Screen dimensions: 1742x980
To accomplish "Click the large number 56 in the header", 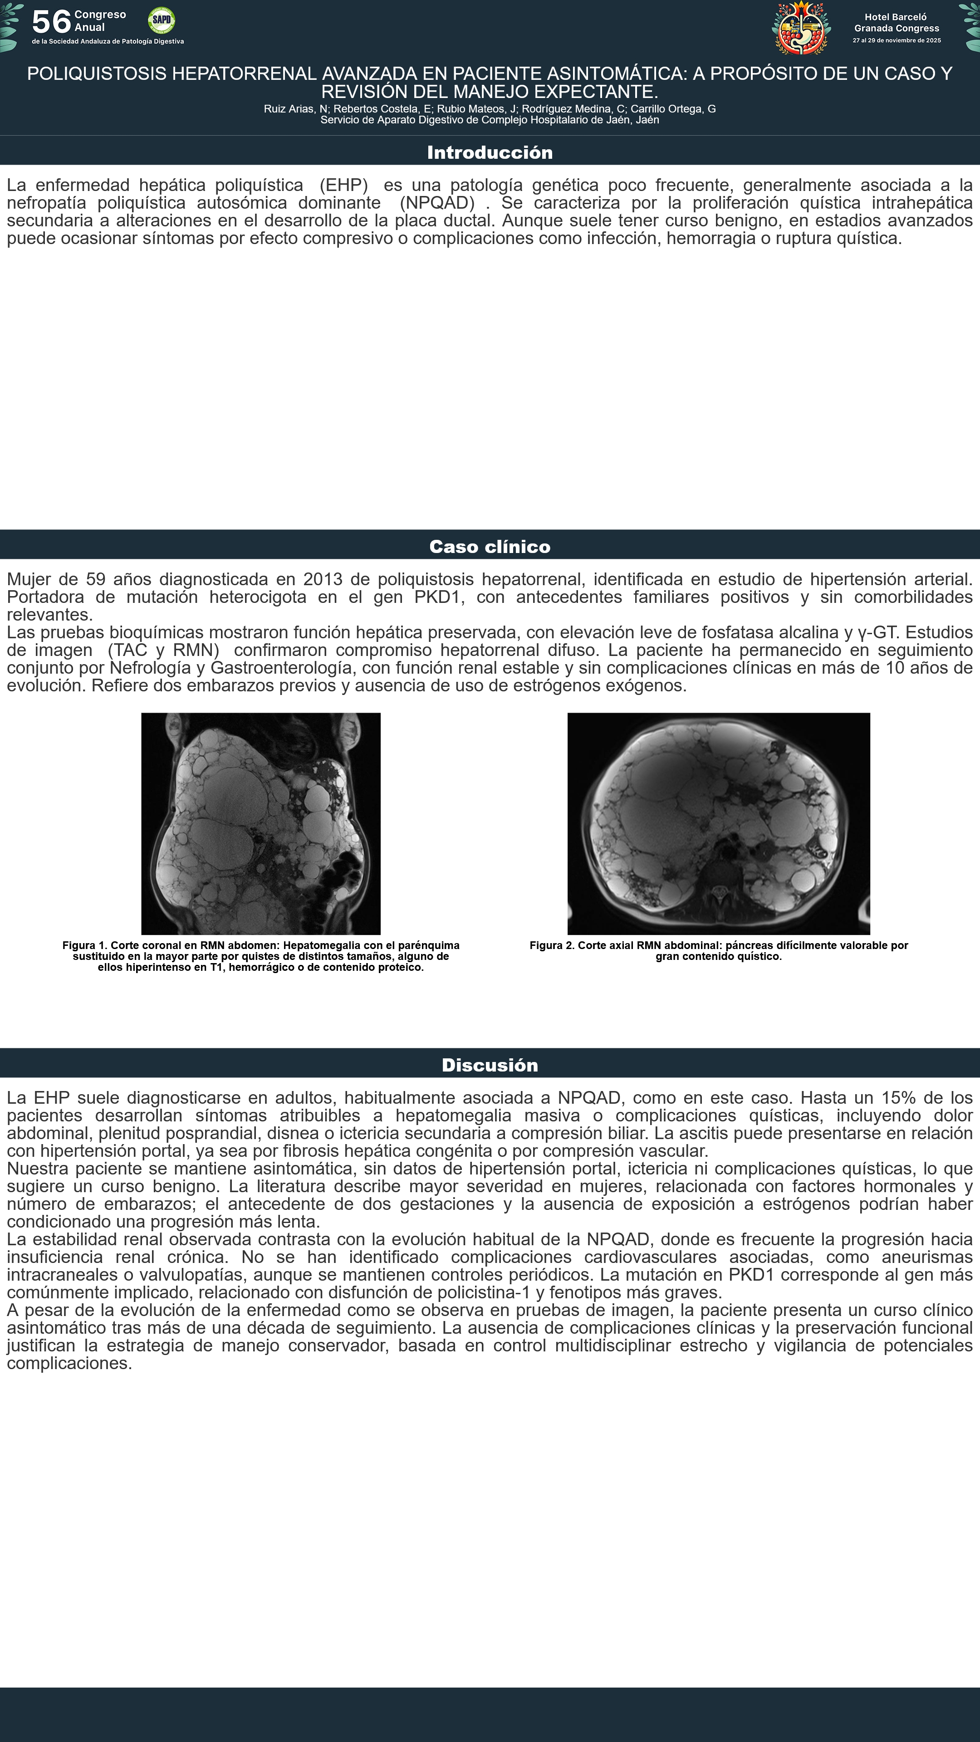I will tap(51, 22).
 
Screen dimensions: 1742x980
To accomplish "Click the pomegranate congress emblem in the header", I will tap(801, 28).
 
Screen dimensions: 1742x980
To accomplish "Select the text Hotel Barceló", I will tap(896, 17).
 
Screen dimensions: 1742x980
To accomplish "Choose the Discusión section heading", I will tap(490, 1065).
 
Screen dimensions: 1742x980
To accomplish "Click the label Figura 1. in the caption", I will tap(85, 945).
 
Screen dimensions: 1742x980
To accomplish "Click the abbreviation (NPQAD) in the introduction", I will tap(437, 203).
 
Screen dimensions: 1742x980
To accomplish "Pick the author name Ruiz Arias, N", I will tap(295, 109).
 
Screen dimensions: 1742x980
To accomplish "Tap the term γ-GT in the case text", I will tap(877, 632).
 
